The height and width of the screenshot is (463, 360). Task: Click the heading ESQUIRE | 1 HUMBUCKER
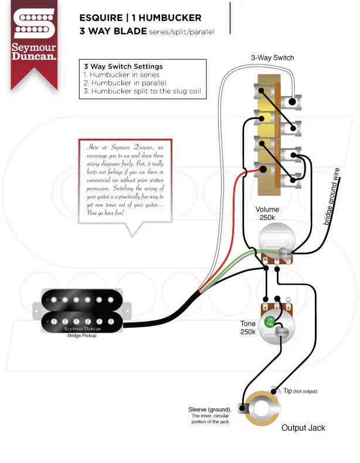(x=140, y=18)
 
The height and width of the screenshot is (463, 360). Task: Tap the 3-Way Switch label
(x=272, y=58)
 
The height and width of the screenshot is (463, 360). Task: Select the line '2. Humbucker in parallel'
(x=124, y=83)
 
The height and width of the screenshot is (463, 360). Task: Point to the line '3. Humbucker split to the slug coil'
(x=141, y=91)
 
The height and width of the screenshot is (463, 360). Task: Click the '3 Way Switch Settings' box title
(x=123, y=66)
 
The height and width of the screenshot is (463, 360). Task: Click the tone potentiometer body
(x=273, y=324)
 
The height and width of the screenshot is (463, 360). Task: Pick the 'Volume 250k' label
(x=267, y=214)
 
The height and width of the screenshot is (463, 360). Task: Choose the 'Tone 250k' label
(x=248, y=328)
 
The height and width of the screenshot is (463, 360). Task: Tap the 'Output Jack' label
(x=303, y=428)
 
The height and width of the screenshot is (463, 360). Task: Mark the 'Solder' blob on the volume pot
(x=285, y=253)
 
